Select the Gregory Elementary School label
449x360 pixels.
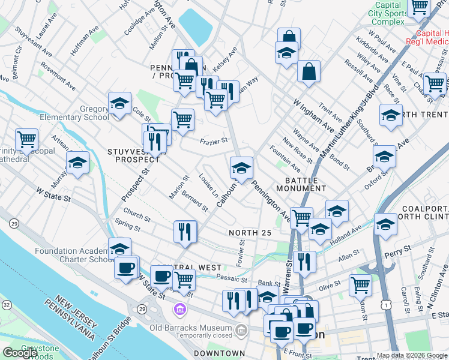click(76, 113)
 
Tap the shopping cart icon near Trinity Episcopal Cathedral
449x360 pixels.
click(27, 140)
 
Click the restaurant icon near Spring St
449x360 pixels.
click(185, 232)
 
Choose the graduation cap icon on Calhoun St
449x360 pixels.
click(241, 167)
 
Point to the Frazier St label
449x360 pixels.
click(214, 141)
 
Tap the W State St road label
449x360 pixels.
click(53, 194)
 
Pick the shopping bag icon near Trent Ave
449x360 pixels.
click(309, 71)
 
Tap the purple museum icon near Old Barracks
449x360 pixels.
click(179, 309)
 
